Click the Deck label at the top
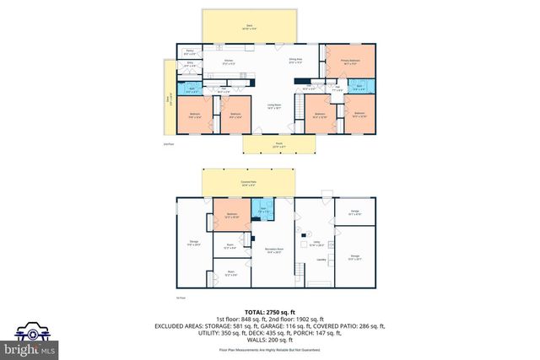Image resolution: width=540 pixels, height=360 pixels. [x=249, y=27]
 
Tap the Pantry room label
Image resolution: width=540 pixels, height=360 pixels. [x=190, y=52]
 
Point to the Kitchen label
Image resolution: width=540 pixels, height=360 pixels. [x=227, y=61]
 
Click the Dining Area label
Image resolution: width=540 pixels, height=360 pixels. [x=296, y=61]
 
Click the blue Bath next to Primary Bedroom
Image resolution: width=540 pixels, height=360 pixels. [x=359, y=87]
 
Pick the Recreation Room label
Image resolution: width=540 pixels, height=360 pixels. [x=272, y=250]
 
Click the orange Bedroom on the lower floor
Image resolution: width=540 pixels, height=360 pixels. [x=231, y=216]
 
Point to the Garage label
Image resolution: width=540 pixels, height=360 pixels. [x=354, y=212]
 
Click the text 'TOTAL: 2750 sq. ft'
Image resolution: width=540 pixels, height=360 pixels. [x=269, y=311]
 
